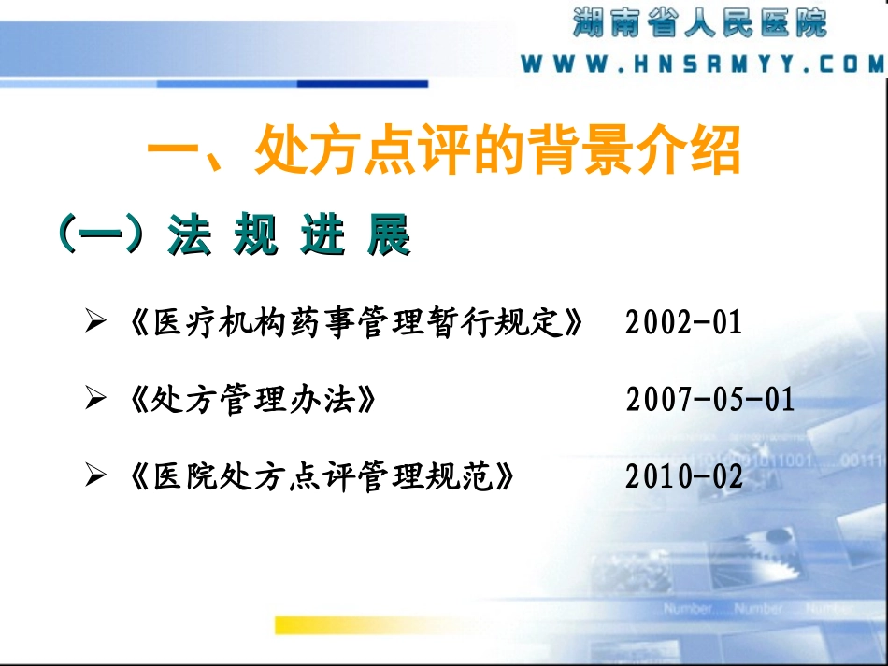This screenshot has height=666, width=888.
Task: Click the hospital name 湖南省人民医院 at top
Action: (700, 22)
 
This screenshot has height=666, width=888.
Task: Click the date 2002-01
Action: (683, 323)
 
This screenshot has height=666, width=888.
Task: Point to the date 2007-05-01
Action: (709, 400)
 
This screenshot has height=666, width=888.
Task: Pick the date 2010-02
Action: (684, 476)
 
